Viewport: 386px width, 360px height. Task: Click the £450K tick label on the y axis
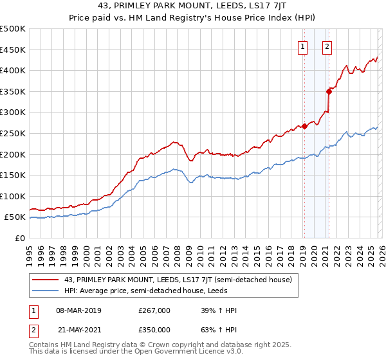click(13, 50)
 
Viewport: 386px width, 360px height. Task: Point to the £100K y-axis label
click(13, 196)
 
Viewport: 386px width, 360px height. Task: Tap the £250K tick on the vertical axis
click(13, 133)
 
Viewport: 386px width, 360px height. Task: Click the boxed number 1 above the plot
click(302, 46)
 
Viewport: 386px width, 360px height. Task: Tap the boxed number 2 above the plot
click(327, 46)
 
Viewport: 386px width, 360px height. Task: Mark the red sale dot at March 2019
click(304, 126)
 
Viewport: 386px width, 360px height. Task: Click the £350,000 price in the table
click(154, 328)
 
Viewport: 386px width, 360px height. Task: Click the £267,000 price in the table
click(154, 310)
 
